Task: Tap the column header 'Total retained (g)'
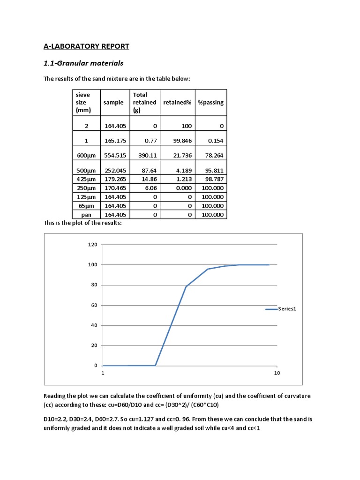[x=144, y=102]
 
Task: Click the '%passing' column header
[x=210, y=102]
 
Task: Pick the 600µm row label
[x=86, y=155]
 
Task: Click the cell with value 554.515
[x=114, y=155]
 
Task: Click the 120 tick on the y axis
[x=92, y=245]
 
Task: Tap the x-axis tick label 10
[x=277, y=373]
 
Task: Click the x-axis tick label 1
[x=103, y=373]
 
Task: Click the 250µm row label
[x=86, y=188]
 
